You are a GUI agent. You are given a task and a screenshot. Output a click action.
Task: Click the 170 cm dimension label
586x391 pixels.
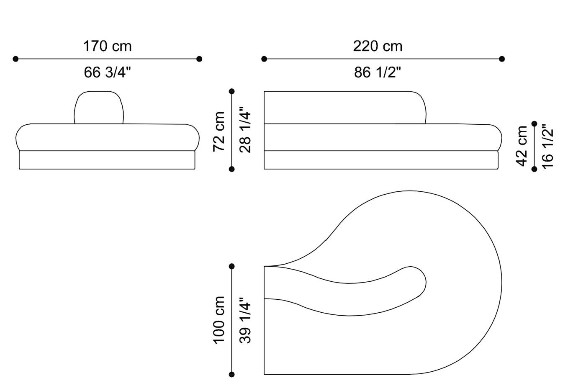pyautogui.click(x=107, y=46)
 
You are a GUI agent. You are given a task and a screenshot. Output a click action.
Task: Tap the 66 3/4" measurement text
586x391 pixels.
pyautogui.click(x=107, y=72)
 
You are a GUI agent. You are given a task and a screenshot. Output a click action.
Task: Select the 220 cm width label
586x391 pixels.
pyautogui.click(x=378, y=46)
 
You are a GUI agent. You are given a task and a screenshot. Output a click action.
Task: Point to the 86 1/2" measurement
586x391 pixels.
pyautogui.click(x=378, y=72)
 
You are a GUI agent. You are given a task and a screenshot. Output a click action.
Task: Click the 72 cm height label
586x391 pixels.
pyautogui.click(x=219, y=131)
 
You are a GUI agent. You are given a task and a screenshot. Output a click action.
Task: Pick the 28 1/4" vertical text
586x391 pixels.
pyautogui.click(x=245, y=130)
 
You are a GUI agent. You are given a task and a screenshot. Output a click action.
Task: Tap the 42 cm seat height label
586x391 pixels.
pyautogui.click(x=522, y=146)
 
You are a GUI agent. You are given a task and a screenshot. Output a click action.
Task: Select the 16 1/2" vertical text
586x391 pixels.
pyautogui.click(x=547, y=147)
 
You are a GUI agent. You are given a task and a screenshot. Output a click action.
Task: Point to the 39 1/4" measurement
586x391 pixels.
pyautogui.click(x=245, y=320)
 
